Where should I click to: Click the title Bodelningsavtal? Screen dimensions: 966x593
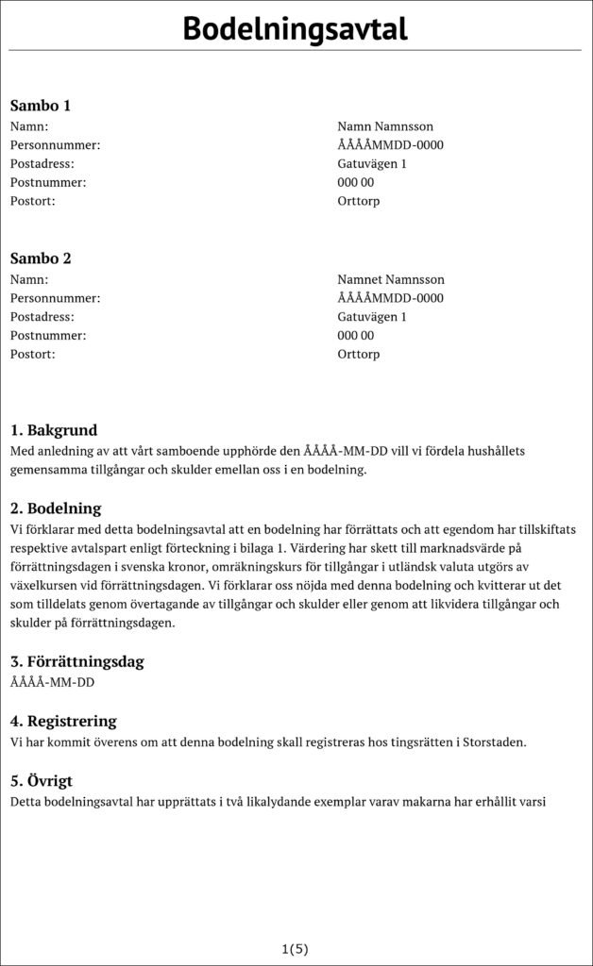[296, 28]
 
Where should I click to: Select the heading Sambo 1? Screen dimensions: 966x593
[41, 106]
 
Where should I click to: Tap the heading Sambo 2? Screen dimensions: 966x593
[41, 258]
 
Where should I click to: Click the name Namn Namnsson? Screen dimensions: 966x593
[385, 126]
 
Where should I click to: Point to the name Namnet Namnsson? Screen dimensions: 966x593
[391, 279]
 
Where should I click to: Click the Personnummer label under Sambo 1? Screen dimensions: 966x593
[55, 145]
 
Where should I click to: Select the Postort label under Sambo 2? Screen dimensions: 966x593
[33, 355]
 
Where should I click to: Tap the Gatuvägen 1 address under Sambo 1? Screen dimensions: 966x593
[372, 164]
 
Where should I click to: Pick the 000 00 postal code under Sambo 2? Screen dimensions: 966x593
[356, 336]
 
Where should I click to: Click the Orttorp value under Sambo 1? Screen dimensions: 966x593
[359, 201]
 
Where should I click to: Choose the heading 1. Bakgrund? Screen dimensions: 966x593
[53, 430]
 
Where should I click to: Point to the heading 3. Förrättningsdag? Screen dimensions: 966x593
[76, 661]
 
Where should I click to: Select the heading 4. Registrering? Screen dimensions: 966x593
[63, 722]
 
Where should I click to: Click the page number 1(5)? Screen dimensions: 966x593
[296, 948]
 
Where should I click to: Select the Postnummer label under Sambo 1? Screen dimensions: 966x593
[48, 182]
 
